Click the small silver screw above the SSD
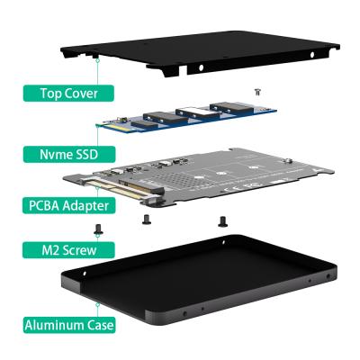tap(258, 91)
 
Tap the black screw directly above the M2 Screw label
tap(98, 230)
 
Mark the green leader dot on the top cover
tap(96, 57)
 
